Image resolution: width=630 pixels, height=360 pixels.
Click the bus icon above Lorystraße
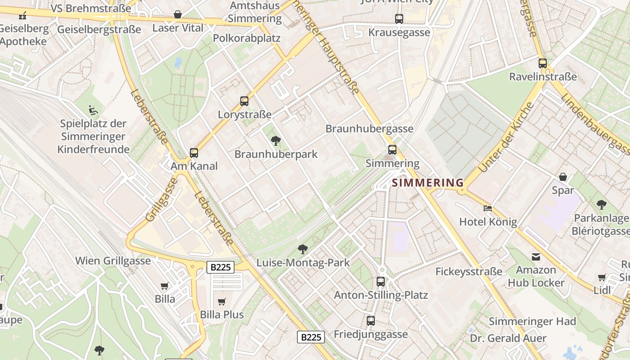point(244,101)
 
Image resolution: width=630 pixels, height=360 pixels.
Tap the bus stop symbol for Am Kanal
point(194,153)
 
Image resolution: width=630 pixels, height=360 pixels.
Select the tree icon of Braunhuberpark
point(276,141)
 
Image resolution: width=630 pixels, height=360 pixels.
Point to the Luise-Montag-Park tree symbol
point(303,249)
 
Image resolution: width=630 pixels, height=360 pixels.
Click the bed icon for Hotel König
point(488,208)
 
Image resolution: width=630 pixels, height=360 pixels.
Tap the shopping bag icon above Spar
point(563,177)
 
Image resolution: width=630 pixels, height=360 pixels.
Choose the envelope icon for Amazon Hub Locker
point(536,256)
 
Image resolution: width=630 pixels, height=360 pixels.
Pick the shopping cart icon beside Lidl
point(602,277)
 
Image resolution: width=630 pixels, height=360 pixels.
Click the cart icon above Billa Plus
point(221,301)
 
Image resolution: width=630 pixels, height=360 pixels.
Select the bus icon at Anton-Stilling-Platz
point(381,282)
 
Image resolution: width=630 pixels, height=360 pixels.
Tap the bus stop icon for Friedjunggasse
point(370,321)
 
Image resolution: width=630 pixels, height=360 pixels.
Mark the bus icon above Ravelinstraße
point(543,63)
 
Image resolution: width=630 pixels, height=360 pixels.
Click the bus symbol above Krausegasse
point(399,19)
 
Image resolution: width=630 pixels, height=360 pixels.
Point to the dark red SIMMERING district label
point(427,183)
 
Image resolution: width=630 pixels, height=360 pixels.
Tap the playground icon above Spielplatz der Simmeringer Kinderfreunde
point(93,110)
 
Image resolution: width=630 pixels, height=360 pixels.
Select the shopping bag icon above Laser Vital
point(178,14)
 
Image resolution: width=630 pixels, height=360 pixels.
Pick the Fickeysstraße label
point(468,272)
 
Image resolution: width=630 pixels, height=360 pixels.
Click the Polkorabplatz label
point(247,38)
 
